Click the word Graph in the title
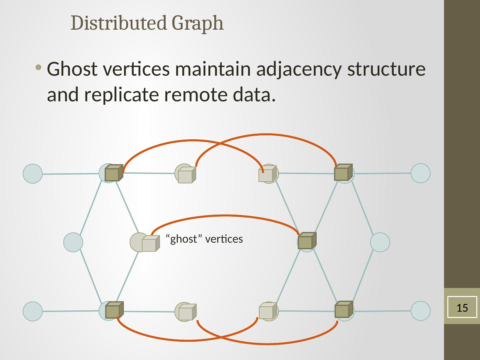[x=198, y=23]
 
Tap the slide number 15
[x=462, y=308]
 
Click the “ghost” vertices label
[x=204, y=239]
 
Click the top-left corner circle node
[x=33, y=174]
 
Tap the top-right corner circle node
[x=420, y=173]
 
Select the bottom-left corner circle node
[x=33, y=311]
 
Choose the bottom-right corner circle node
[x=420, y=311]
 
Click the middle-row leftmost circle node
[x=73, y=242]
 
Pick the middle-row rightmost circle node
[x=380, y=242]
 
